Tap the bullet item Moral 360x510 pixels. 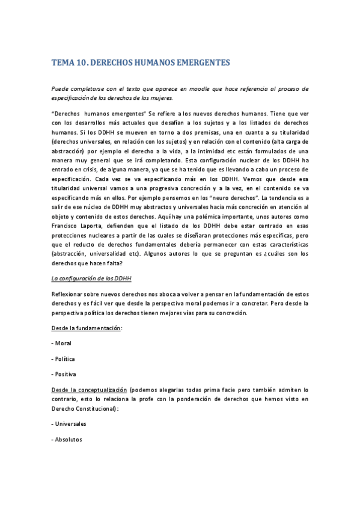click(x=63, y=343)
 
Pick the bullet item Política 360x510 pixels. click(x=64, y=358)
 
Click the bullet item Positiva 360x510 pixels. click(x=65, y=373)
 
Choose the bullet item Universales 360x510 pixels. click(x=70, y=423)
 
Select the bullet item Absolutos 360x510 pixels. click(x=68, y=439)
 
